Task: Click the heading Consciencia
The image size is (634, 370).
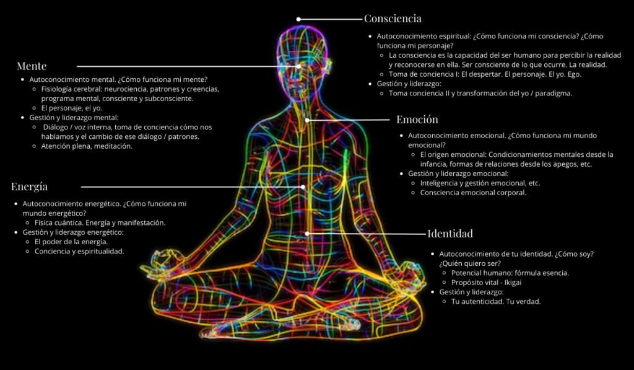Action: [x=393, y=19]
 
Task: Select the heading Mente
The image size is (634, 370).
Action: [x=32, y=66]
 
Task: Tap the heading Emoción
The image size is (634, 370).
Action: [x=417, y=120]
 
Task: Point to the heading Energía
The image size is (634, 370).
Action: [x=30, y=187]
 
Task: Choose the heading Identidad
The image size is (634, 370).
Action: [x=450, y=234]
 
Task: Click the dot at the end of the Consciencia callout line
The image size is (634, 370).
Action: [x=298, y=19]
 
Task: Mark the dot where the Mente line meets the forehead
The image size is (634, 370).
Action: [x=298, y=66]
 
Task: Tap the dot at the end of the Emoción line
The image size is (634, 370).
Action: [x=307, y=120]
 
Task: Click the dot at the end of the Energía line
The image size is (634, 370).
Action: [x=302, y=187]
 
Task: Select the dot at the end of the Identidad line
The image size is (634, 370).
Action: [x=307, y=234]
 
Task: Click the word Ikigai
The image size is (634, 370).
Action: [x=513, y=283]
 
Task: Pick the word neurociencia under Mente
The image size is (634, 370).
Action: [x=128, y=89]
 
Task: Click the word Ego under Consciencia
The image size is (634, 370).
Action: [x=574, y=74]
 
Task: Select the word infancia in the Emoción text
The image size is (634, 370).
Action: [x=433, y=164]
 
